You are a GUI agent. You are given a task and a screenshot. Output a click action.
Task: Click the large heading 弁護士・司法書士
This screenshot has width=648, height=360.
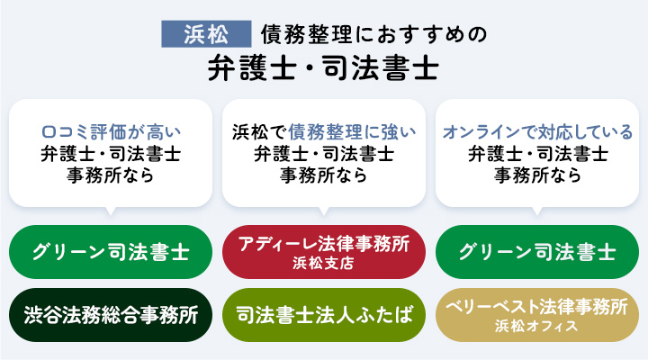coord(323,67)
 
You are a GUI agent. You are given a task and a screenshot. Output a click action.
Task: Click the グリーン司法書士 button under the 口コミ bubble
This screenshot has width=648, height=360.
coord(111,251)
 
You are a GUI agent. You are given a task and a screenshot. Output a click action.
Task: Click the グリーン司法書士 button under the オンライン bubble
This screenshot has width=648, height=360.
coord(537,251)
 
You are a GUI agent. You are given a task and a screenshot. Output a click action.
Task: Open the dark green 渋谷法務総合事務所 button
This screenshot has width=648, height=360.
coord(111,316)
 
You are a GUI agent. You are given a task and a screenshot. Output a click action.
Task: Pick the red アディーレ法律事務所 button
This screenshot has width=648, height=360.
coord(323,251)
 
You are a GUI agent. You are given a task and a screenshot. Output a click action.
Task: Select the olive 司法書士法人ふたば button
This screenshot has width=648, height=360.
coord(323,316)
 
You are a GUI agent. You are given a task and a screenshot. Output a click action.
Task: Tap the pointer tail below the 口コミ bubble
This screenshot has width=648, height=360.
coord(111,212)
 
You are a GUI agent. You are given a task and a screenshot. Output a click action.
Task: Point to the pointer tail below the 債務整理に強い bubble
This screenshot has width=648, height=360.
coord(323,212)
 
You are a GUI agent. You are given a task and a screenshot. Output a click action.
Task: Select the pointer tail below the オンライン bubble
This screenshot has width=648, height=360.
coord(537,212)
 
